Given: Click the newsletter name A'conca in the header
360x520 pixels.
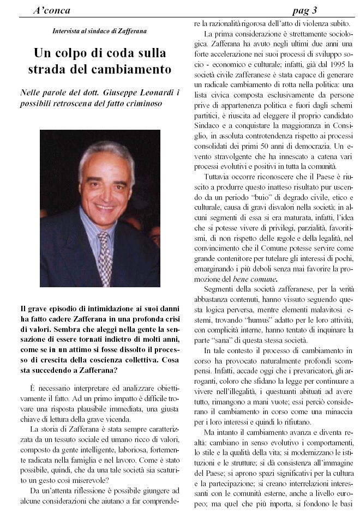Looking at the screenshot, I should [51, 10].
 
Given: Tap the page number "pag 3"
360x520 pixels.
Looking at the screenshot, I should [305, 10].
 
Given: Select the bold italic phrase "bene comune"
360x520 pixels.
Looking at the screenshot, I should [251, 279].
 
